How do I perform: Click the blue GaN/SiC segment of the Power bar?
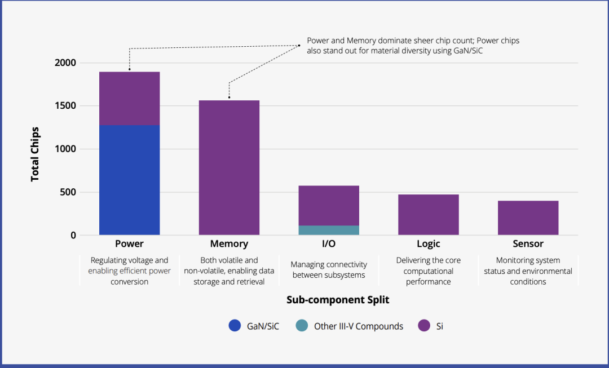click(129, 180)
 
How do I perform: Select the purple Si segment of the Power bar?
click(129, 99)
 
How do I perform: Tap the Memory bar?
click(229, 168)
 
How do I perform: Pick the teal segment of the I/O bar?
click(329, 230)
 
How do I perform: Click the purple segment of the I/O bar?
click(329, 206)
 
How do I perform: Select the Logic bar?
click(429, 215)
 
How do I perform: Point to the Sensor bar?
click(528, 218)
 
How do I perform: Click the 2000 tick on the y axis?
click(65, 63)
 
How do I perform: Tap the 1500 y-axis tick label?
click(65, 106)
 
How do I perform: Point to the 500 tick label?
click(68, 193)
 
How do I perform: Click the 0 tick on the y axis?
click(73, 236)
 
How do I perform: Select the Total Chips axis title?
click(35, 154)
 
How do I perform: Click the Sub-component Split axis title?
click(338, 300)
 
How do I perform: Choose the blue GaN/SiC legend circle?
click(235, 325)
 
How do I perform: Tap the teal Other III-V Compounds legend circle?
click(302, 325)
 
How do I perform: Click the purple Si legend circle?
click(424, 325)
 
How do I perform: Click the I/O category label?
click(329, 244)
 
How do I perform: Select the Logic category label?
click(429, 244)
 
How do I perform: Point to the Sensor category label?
click(528, 244)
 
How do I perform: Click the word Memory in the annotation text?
click(361, 41)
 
